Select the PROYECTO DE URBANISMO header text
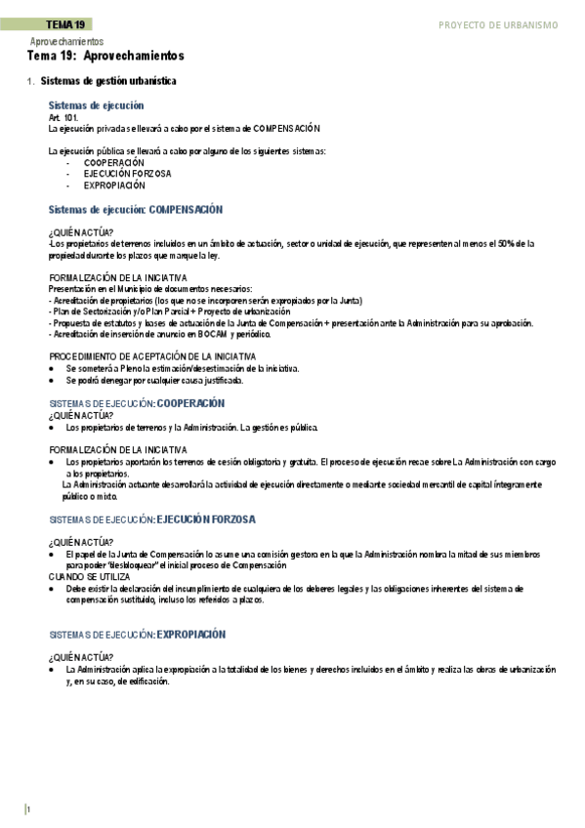coord(498,24)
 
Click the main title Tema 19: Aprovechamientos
coord(105,57)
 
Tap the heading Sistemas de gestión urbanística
coord(109,82)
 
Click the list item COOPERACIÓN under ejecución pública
coord(113,163)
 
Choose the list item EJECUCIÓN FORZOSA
coord(127,174)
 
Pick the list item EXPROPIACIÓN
coord(113,185)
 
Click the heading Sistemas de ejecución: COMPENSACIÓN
coord(135,209)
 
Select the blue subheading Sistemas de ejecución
coord(96,104)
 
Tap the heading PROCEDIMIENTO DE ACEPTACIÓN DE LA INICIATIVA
coord(151,356)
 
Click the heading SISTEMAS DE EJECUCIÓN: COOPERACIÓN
coord(137,403)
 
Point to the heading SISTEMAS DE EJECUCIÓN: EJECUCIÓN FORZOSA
coord(151,519)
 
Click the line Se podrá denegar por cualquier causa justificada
coord(154,381)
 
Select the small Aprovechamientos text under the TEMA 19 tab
coord(66,42)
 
